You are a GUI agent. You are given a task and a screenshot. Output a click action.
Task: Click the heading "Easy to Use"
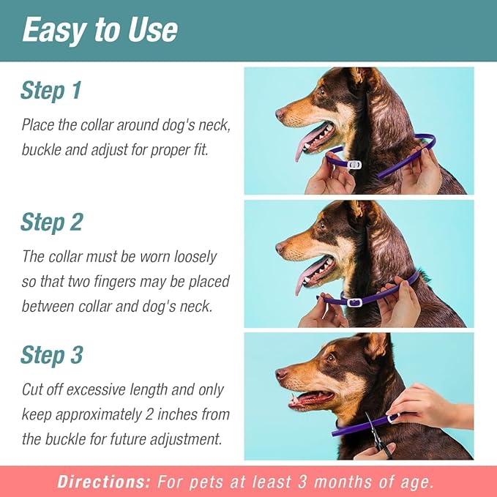coord(100,29)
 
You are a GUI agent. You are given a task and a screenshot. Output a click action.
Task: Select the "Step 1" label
coord(51,91)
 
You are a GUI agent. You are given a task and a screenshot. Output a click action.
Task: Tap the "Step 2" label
coord(51,222)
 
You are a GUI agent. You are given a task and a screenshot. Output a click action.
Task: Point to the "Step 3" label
coord(51,355)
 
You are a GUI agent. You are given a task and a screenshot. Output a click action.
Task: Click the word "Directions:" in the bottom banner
coord(102,482)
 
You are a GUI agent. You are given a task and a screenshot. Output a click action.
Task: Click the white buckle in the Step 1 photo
coord(354,165)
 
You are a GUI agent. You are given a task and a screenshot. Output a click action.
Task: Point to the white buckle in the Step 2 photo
coord(356,302)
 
